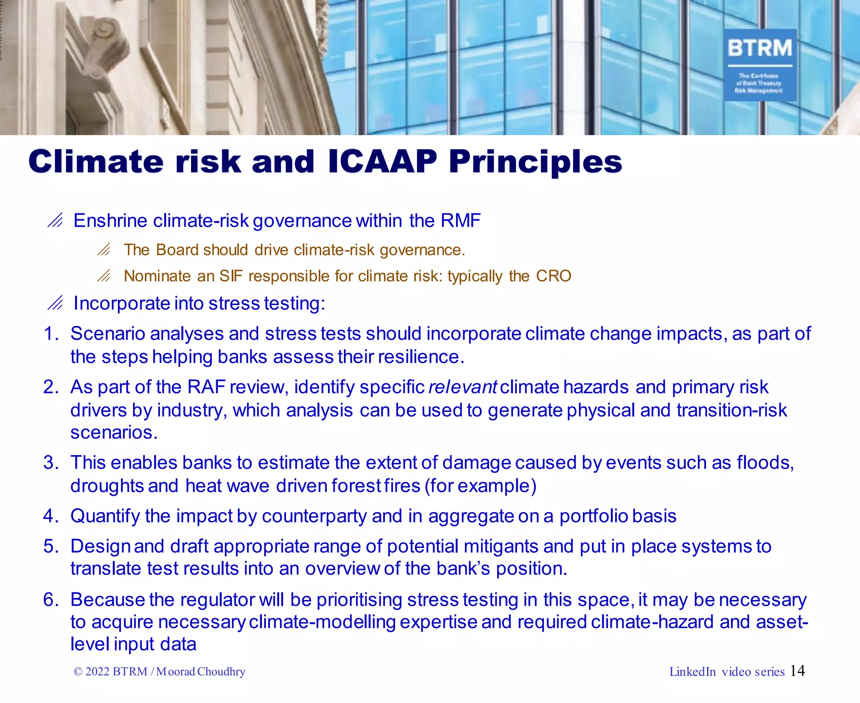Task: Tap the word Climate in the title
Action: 96,162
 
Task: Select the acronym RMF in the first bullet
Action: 460,221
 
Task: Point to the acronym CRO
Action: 553,276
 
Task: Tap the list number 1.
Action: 50,334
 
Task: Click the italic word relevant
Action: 463,387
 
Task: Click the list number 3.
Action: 50,463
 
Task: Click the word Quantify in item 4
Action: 105,516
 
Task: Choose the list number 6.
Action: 50,600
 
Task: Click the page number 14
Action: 797,671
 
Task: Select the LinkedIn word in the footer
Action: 692,672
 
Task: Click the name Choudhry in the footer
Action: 221,672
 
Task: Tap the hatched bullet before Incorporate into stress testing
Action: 55,303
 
